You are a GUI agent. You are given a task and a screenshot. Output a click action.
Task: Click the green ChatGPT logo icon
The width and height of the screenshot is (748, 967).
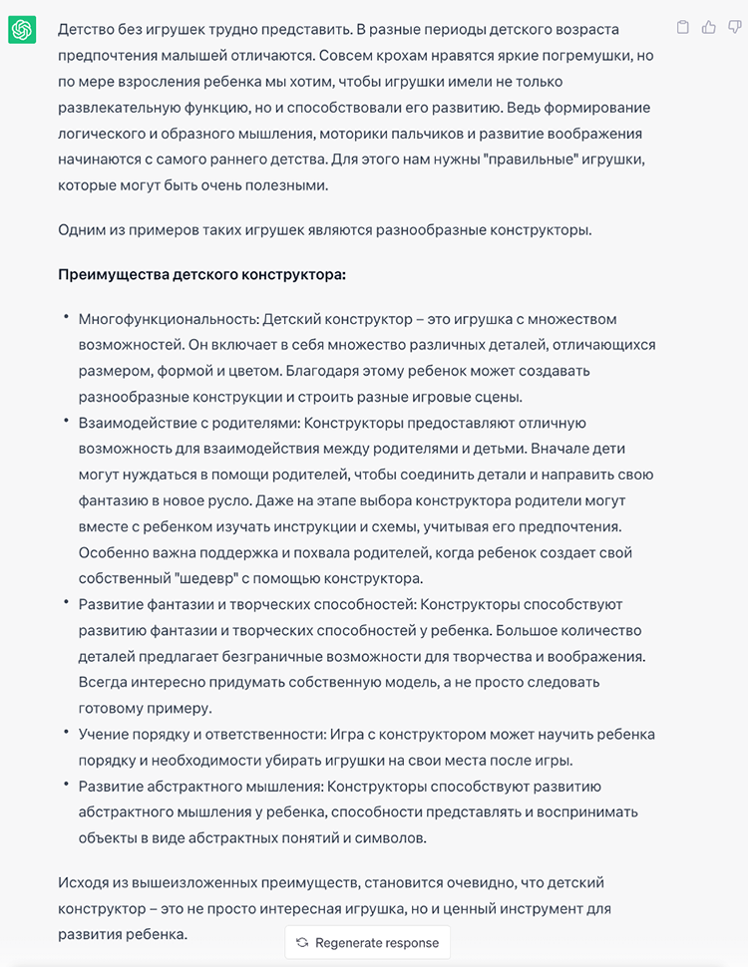[22, 31]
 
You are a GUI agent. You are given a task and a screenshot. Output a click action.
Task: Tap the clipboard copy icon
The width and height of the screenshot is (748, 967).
[683, 28]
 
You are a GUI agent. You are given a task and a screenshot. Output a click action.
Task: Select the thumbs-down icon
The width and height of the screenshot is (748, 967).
[733, 28]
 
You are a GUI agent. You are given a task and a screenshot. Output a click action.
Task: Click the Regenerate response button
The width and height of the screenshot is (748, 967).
[367, 943]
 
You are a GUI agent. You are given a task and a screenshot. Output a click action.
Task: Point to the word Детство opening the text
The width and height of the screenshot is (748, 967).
[85, 30]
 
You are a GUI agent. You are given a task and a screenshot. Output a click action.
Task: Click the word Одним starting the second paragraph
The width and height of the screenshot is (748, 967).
[82, 230]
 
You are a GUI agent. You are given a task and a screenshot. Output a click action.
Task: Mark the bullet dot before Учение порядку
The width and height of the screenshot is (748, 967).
[66, 733]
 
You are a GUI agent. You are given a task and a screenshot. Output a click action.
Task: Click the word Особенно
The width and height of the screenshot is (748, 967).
[115, 552]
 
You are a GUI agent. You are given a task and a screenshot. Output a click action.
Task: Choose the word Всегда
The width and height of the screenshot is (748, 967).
[103, 682]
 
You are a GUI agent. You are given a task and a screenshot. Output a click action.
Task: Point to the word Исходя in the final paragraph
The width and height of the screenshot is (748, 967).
[85, 882]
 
